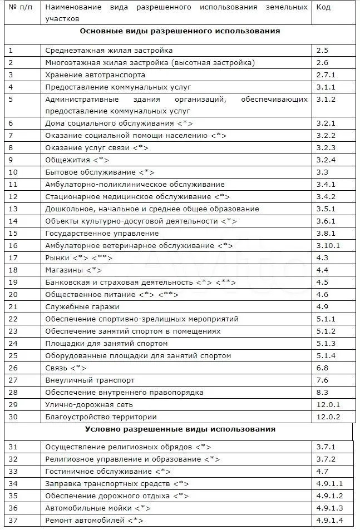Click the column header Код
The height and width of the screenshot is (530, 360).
(x=323, y=7)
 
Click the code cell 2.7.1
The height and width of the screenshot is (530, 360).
(x=326, y=75)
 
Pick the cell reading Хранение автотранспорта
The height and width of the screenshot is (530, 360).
(x=95, y=75)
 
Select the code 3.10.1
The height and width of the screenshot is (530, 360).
(x=328, y=245)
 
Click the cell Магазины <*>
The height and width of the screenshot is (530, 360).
(x=73, y=270)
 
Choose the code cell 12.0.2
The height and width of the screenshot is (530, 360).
(x=328, y=417)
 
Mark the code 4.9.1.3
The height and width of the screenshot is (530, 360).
(x=330, y=508)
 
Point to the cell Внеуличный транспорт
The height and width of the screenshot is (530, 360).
(x=90, y=380)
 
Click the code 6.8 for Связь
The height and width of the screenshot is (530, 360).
(x=322, y=368)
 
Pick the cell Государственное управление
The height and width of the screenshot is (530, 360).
(x=102, y=233)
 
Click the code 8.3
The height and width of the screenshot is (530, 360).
(x=322, y=392)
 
